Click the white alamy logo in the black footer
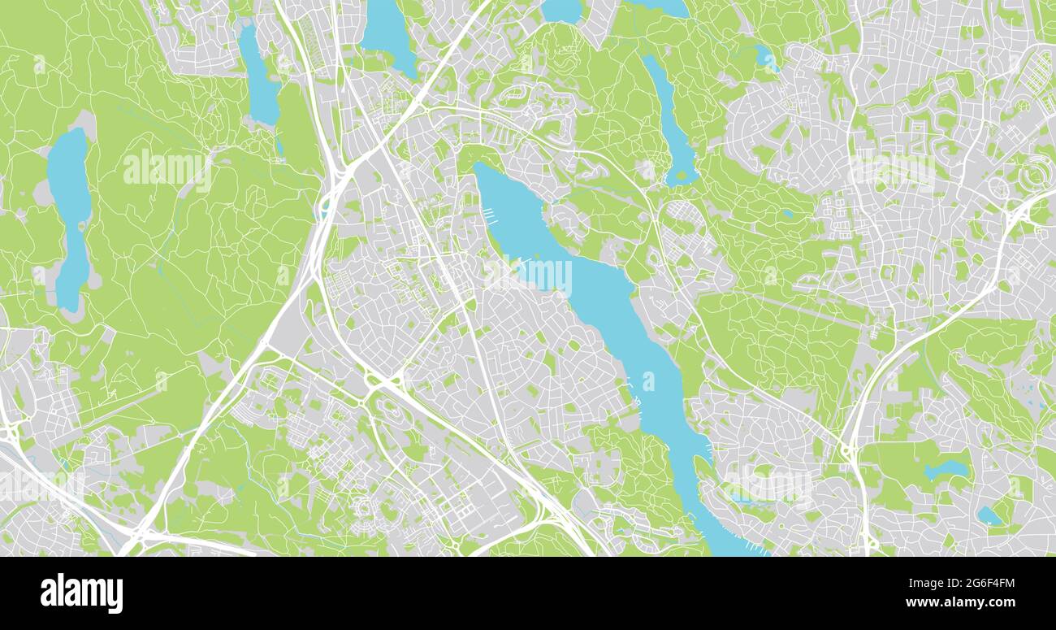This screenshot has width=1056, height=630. (x=81, y=593)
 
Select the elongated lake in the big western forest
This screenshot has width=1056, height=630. (x=70, y=211)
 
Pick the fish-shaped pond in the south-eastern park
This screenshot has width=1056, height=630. (x=946, y=470)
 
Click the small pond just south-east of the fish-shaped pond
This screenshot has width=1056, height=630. (x=989, y=515)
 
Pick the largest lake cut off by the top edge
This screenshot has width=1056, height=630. (x=388, y=33)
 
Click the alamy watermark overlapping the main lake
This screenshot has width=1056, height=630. (x=528, y=275)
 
